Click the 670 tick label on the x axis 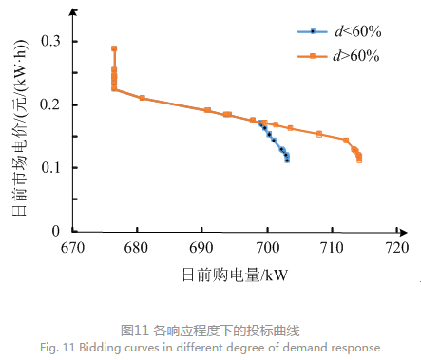(72, 249)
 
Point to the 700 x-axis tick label (267, 249)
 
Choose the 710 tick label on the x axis (333, 249)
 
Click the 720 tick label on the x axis (396, 249)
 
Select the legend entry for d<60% (337, 33)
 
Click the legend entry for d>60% (337, 56)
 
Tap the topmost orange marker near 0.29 (114, 48)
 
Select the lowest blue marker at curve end (287, 161)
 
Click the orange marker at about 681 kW (143, 98)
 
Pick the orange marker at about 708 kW (319, 134)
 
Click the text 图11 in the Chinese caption (135, 331)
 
